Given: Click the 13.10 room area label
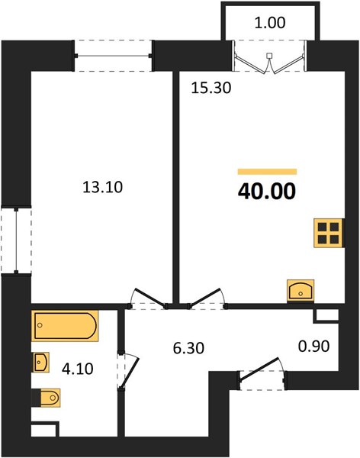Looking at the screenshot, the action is (x=103, y=187).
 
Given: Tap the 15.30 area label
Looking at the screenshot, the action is (x=211, y=88).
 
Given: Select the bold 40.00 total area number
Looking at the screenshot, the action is (x=267, y=192).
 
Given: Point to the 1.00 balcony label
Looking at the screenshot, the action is (x=270, y=23).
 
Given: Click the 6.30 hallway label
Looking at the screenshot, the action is (x=188, y=348).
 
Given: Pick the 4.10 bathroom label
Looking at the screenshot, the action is (x=78, y=369).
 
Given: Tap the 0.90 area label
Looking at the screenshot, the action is (x=314, y=346).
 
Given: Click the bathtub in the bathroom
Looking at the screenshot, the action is (x=65, y=326).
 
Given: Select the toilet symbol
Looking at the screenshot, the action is (x=46, y=398).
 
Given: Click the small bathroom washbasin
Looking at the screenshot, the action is (x=40, y=362).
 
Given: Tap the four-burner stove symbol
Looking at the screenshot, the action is (x=329, y=233).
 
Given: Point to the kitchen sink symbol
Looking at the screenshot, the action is (x=301, y=290).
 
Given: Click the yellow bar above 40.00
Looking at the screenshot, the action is (x=267, y=172).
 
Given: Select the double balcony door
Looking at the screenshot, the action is (x=270, y=56).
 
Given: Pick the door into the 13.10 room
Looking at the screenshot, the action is (x=148, y=298).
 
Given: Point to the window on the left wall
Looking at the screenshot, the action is (x=16, y=240).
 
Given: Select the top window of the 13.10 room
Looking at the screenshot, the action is (x=113, y=56).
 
